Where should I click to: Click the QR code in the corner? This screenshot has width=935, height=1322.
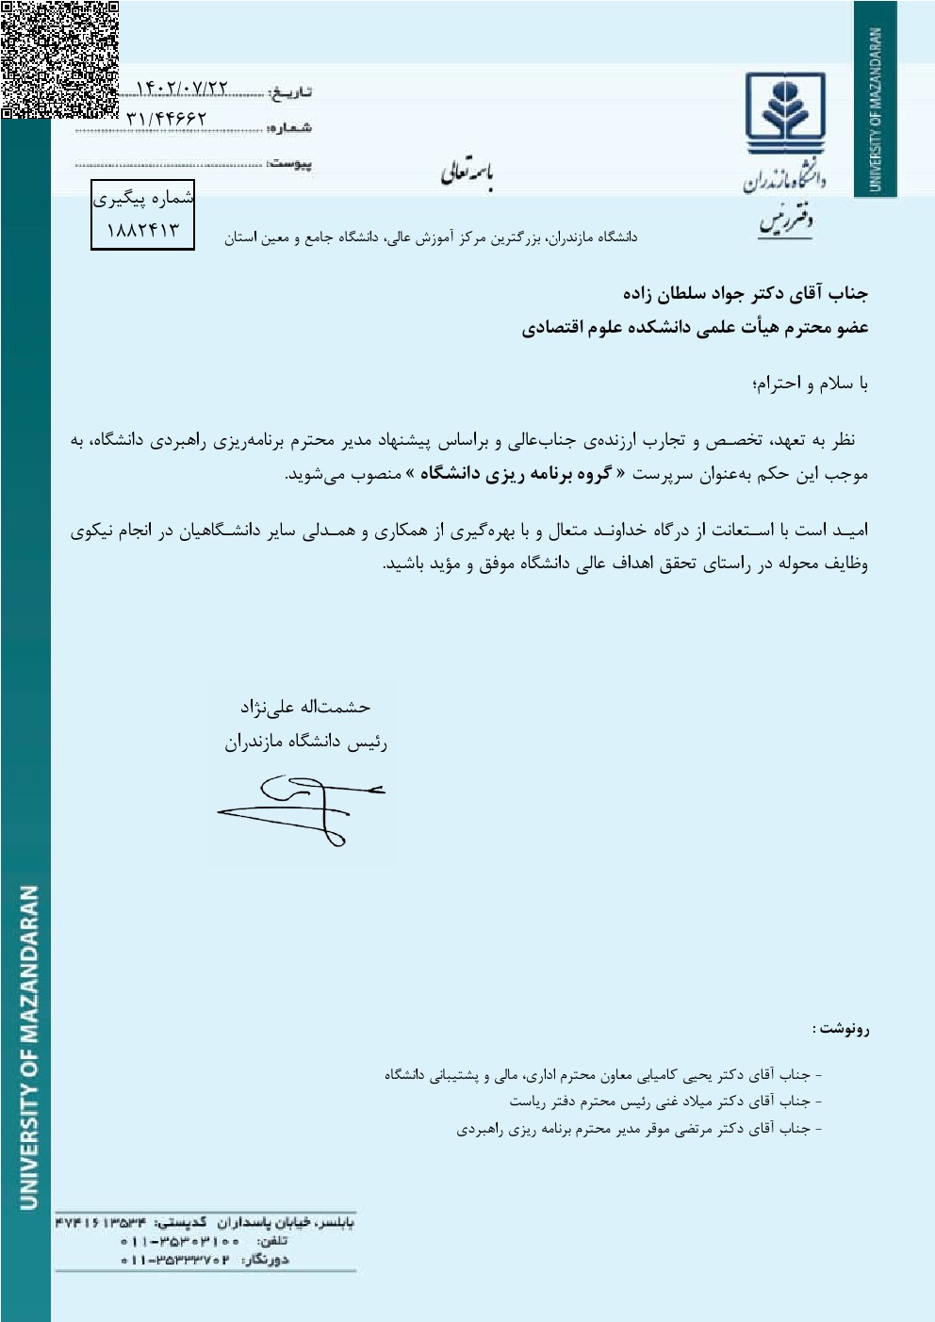[x=59, y=58]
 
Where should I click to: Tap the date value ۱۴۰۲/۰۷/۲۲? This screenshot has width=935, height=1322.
[x=183, y=89]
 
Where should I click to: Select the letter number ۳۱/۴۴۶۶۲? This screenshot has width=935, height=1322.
[x=166, y=119]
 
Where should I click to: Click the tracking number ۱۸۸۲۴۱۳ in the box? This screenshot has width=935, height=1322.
[x=142, y=230]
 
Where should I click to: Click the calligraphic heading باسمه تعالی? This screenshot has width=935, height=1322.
[x=467, y=174]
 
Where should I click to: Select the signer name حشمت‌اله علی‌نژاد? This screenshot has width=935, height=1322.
[x=304, y=706]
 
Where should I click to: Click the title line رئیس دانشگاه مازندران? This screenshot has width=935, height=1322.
[x=305, y=743]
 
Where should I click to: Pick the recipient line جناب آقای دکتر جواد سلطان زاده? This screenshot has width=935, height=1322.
[x=745, y=294]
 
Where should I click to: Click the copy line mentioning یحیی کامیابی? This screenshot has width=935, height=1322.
[x=603, y=1074]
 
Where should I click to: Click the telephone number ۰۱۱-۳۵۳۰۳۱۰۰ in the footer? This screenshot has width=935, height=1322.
[x=180, y=1241]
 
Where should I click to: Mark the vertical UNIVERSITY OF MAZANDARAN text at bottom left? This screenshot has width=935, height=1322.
[x=28, y=1046]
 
